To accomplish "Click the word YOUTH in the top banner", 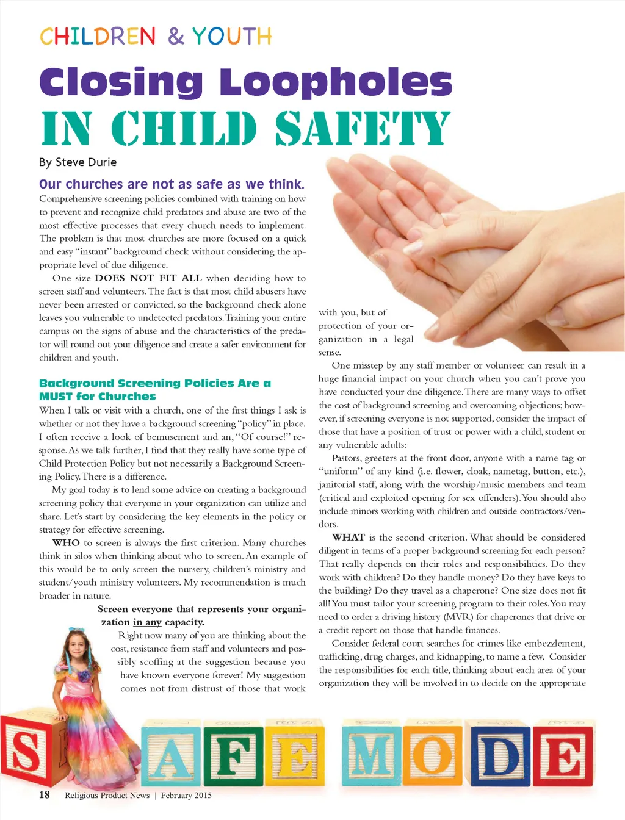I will point(232,37).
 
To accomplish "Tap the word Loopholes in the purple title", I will point(336,82).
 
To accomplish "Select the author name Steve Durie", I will point(85,162).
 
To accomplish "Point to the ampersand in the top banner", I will point(176,37).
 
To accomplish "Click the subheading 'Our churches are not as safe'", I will point(172,184).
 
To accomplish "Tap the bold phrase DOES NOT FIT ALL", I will point(148,278).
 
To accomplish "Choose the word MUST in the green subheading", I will point(56,397).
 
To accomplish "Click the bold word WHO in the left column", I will point(66,543).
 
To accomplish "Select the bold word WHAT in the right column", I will point(349,538).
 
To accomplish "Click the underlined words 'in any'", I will point(147,622).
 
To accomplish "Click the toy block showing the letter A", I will point(170,757).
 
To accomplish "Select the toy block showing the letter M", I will point(372,757).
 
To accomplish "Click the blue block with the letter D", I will point(499,757).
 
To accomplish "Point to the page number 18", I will point(45,794).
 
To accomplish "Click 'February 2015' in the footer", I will point(186,795).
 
